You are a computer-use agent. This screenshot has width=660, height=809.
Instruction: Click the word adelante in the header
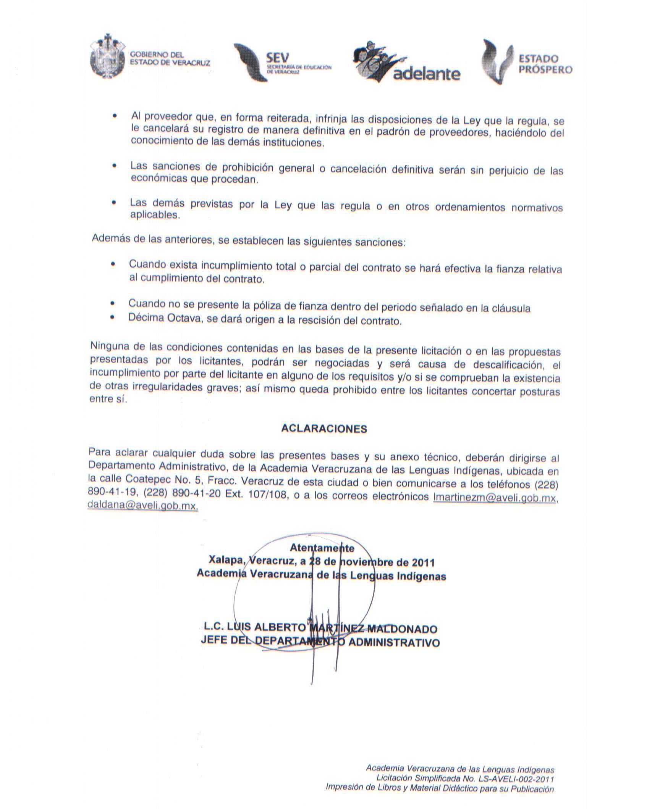[x=426, y=74]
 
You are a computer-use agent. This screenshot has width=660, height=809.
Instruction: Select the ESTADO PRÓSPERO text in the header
[x=545, y=64]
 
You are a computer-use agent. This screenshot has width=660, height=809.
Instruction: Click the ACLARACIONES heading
[x=324, y=429]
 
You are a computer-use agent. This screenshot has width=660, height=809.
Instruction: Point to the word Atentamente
[x=322, y=548]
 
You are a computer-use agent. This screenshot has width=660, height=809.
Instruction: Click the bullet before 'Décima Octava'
[x=112, y=317]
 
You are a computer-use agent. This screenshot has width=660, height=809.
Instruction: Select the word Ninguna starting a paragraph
[x=109, y=346]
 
